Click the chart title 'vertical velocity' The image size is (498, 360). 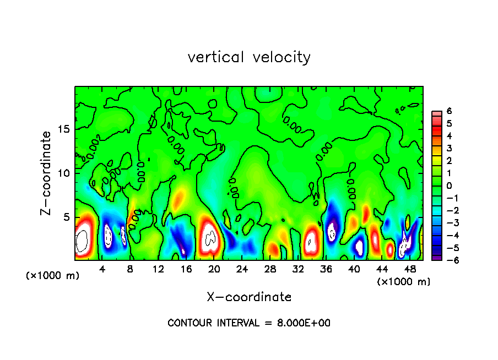[x=249, y=57]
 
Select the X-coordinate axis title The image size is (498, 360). [x=249, y=297]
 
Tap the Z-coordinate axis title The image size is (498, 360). [x=47, y=173]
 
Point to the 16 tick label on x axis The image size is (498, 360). [x=186, y=269]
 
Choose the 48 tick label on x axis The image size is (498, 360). [x=410, y=269]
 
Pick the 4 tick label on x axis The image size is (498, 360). [x=102, y=269]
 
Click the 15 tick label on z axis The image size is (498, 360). [x=65, y=129]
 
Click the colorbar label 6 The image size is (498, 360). [x=449, y=111]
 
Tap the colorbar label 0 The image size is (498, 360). [x=449, y=186]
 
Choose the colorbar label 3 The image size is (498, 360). [x=449, y=148]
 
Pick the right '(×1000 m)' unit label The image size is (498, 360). [x=404, y=282]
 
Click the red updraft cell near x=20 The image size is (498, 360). [x=209, y=237]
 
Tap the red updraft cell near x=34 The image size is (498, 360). [x=311, y=240]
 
